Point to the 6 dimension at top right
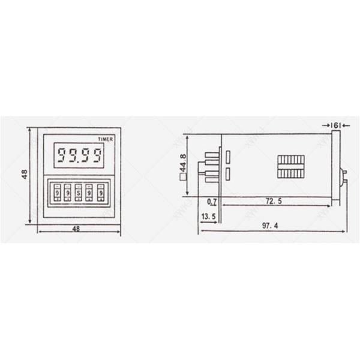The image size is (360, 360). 336,124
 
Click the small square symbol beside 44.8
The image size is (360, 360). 182,177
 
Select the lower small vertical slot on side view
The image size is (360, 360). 229,175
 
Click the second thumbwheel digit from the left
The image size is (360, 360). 66,196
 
